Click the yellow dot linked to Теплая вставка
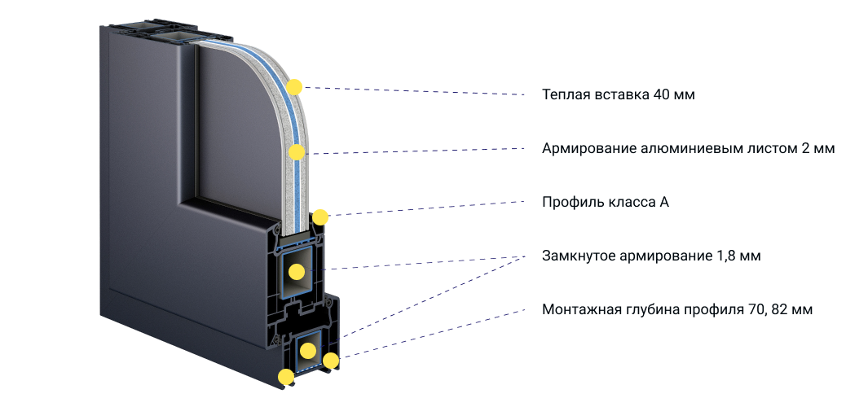click(294, 87)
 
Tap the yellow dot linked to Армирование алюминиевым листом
click(297, 152)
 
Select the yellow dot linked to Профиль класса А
click(320, 217)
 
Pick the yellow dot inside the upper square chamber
click(297, 272)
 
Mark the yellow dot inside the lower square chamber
click(308, 351)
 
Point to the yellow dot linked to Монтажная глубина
click(330, 361)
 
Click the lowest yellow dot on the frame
click(285, 377)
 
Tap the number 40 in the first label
click(662, 94)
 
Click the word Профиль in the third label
click(569, 203)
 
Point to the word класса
click(627, 203)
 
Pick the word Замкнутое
click(576, 256)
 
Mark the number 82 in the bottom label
click(782, 309)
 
